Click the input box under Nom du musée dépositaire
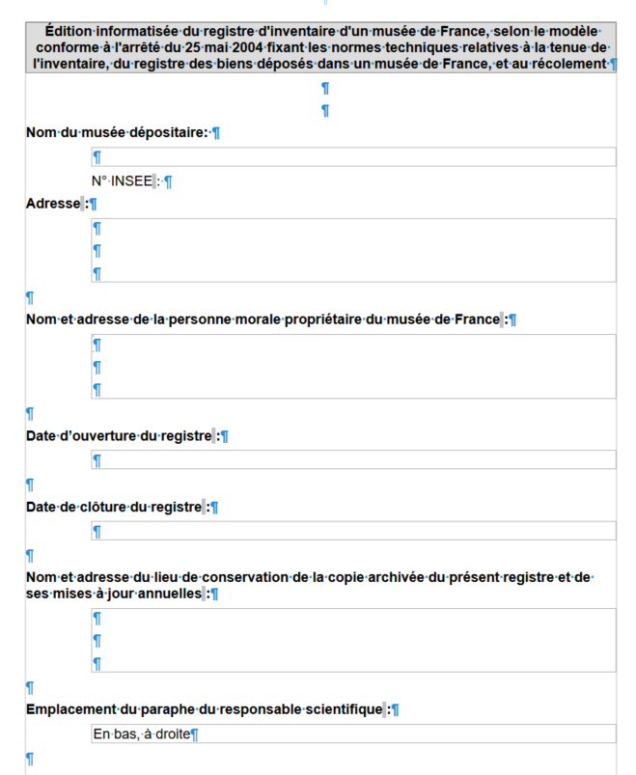click(353, 156)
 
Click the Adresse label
click(52, 204)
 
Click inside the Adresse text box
click(353, 250)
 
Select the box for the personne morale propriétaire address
click(353, 367)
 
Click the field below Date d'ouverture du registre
click(353, 459)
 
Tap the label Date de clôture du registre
click(114, 507)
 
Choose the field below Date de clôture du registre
click(353, 531)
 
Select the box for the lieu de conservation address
click(353, 640)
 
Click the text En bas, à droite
click(142, 734)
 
